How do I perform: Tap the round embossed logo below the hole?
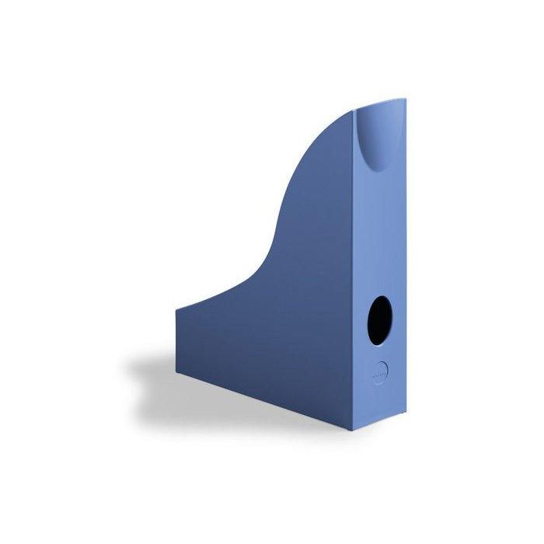pyautogui.click(x=378, y=371)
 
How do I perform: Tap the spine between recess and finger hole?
pyautogui.click(x=379, y=233)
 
